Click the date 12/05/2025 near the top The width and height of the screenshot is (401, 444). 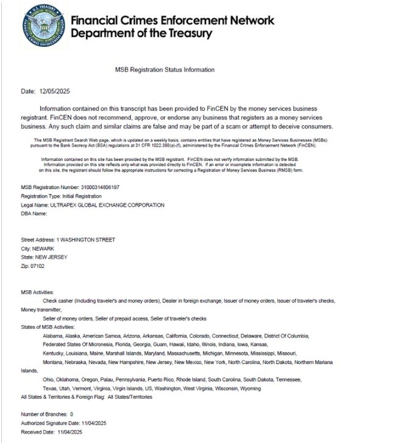click(54, 92)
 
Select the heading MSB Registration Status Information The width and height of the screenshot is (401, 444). click(165, 70)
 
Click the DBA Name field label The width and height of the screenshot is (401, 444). click(34, 214)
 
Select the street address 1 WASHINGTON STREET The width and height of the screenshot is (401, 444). click(85, 240)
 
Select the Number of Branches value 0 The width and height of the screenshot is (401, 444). click(71, 414)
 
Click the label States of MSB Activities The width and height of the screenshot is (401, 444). click(48, 327)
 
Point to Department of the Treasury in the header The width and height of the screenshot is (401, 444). click(141, 33)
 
